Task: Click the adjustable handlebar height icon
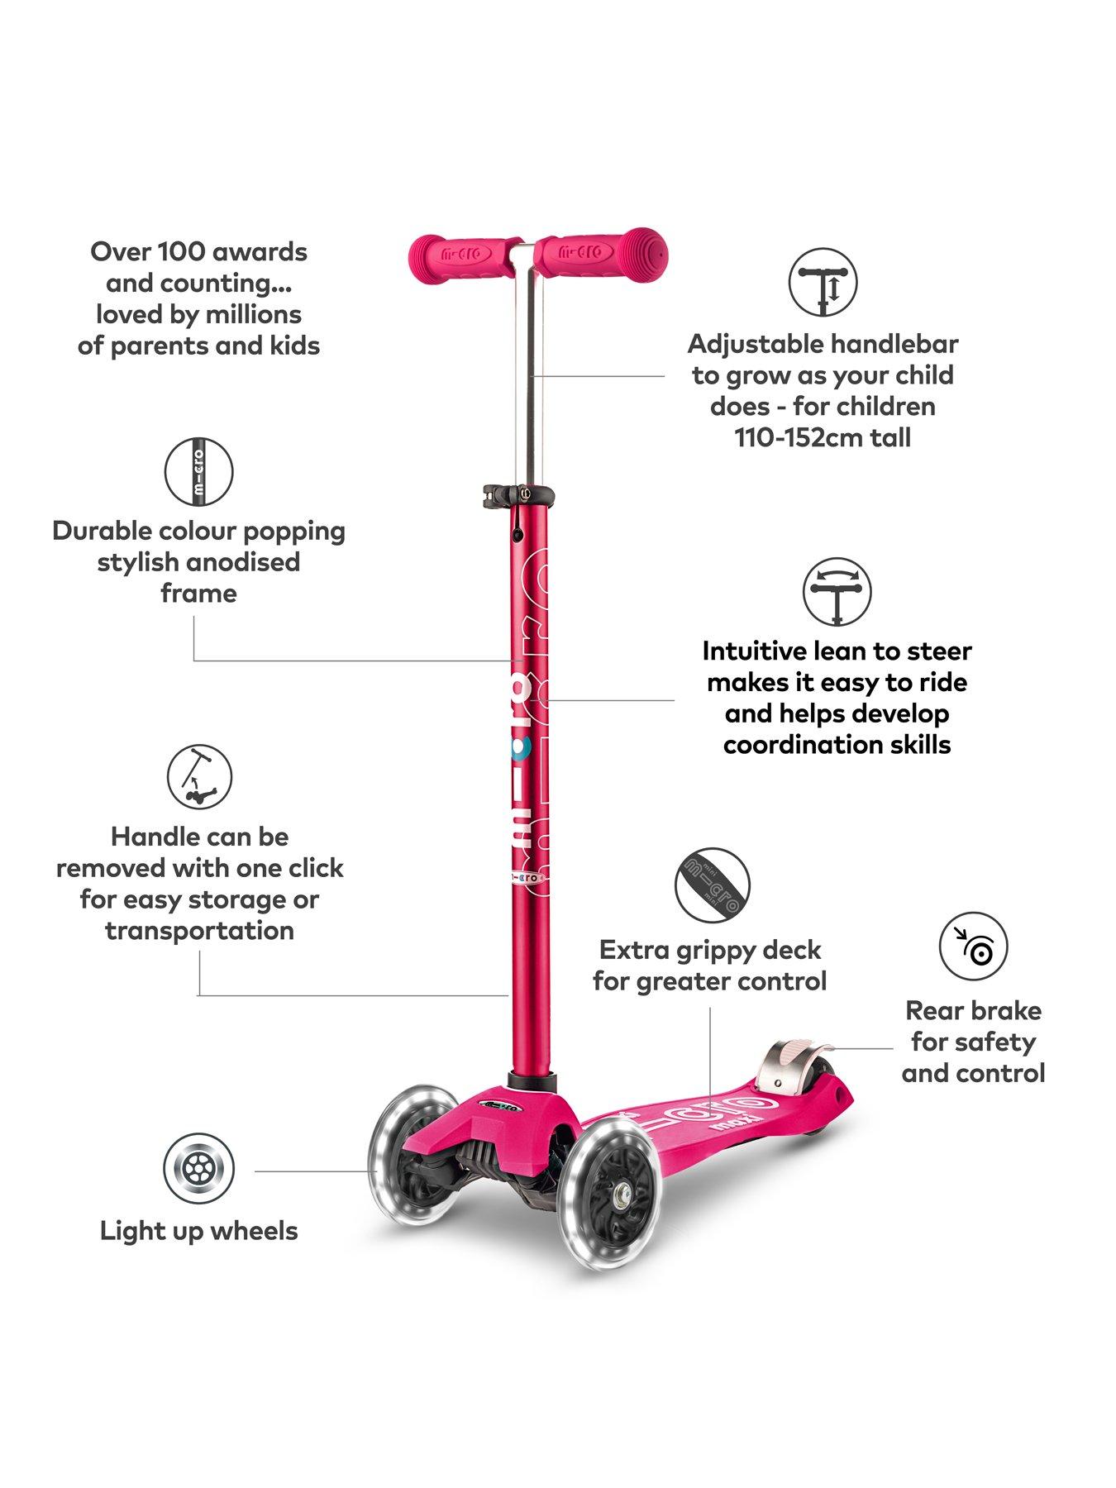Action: [822, 282]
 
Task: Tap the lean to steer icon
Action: [837, 593]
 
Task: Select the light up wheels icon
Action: [198, 1169]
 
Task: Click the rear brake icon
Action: [973, 947]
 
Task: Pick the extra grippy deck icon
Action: [712, 885]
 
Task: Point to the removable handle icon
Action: [199, 777]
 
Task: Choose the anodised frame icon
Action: [198, 472]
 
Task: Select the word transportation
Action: [199, 931]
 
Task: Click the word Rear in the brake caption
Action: [933, 1010]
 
